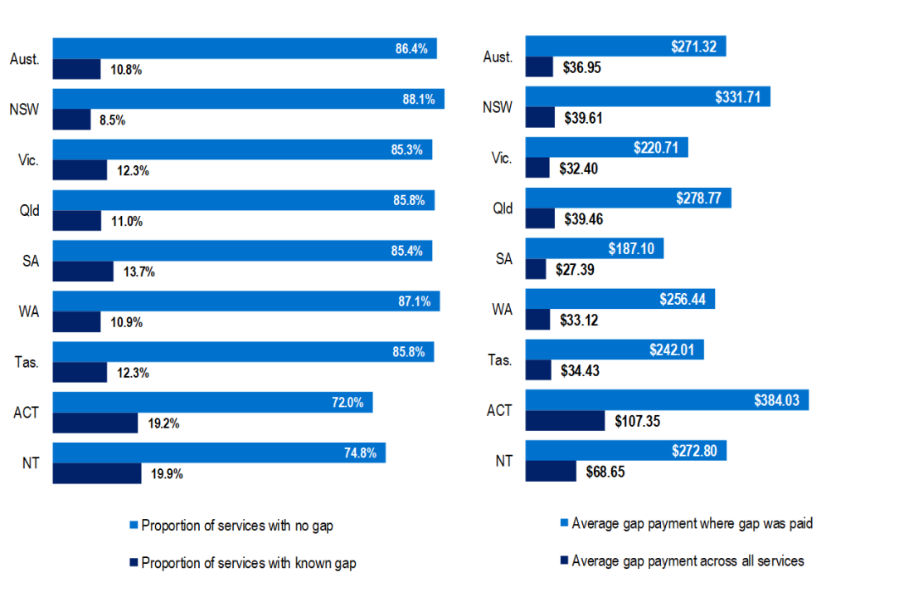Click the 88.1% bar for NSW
tap(249, 99)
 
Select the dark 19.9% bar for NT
tap(97, 473)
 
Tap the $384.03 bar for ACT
tap(667, 400)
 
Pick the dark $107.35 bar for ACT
tap(565, 421)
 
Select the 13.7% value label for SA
tap(138, 272)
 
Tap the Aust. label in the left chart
tap(24, 59)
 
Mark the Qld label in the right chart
tap(503, 208)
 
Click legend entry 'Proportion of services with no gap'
tap(237, 526)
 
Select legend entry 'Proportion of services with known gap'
tap(248, 564)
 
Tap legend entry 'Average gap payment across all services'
tap(688, 561)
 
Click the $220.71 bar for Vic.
tap(606, 148)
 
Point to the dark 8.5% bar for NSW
tap(71, 120)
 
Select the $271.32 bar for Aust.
tap(625, 46)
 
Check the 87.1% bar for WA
tap(246, 301)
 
